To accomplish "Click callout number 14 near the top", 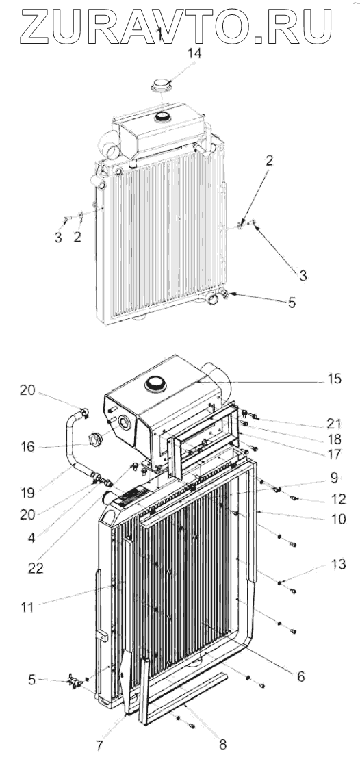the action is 194,54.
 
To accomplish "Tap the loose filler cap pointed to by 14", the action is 163,87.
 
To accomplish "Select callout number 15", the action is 335,379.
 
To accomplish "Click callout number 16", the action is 27,447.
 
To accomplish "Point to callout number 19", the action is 27,493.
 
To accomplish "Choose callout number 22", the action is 36,568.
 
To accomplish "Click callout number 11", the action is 27,607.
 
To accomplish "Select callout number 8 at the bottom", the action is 222,745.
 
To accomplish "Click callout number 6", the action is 300,676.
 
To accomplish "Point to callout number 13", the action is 338,564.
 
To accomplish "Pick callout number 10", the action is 338,519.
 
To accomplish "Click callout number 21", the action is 334,424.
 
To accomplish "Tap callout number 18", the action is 334,439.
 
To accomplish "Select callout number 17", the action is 334,454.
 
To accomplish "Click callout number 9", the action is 334,478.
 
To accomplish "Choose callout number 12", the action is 338,499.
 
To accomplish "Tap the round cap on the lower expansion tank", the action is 154,383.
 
